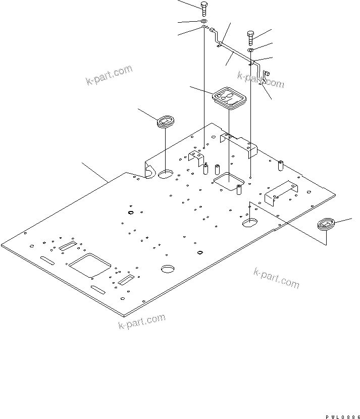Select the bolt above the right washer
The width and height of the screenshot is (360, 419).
(251, 37)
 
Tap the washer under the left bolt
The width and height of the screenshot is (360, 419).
(203, 22)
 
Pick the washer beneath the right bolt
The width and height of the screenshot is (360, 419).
(251, 50)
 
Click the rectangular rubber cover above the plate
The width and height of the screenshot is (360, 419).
(229, 97)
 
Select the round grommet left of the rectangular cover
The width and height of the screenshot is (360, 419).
(165, 122)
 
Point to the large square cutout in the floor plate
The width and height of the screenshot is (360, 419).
(90, 264)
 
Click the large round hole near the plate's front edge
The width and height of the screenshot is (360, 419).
(168, 269)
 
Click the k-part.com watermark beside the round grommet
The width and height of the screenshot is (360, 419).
(109, 75)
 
